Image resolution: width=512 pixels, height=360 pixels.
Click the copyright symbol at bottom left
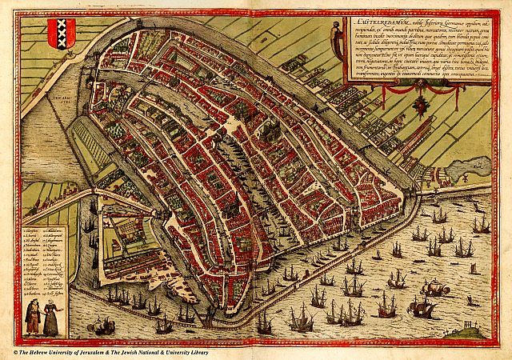[x=14, y=353]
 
